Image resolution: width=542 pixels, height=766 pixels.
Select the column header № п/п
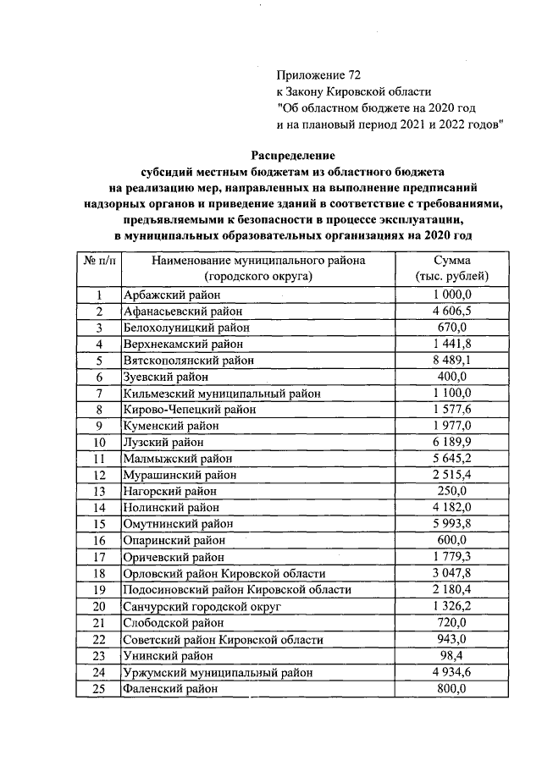98,261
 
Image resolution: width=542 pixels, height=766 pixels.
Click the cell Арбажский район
171,295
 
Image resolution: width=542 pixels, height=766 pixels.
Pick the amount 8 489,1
452,361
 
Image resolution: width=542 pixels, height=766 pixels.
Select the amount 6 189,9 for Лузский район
452,442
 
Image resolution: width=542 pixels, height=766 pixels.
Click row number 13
99,491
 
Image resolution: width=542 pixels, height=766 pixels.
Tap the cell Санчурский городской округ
202,607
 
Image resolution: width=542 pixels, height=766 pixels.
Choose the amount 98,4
452,656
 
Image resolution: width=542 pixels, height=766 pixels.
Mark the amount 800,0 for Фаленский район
452,689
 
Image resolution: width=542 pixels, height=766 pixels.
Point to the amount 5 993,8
452,524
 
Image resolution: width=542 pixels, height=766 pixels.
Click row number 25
99,689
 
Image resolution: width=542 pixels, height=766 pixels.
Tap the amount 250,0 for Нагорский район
452,491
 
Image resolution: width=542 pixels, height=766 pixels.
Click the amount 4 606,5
452,311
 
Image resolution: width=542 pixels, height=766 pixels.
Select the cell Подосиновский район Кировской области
236,590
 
